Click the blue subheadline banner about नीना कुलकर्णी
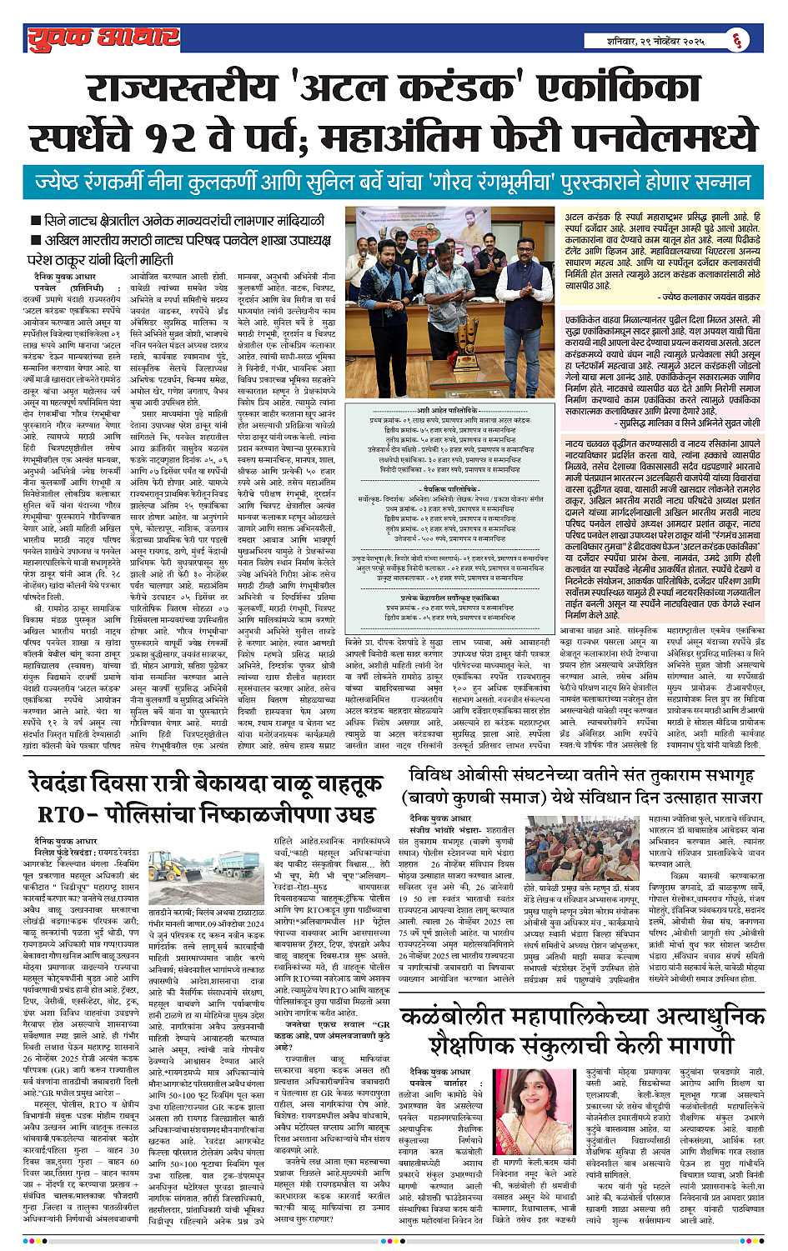coord(394,182)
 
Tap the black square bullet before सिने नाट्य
coord(36,222)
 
